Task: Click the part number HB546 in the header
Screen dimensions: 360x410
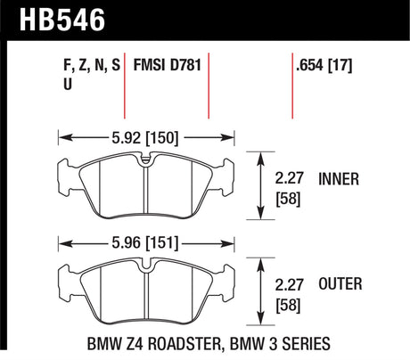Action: tap(55, 17)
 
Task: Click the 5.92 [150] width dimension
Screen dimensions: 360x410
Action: tap(146, 138)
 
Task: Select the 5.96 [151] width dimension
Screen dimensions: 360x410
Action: tap(146, 241)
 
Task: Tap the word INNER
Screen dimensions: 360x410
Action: tap(339, 179)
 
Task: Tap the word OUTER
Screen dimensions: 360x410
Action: tap(340, 284)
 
